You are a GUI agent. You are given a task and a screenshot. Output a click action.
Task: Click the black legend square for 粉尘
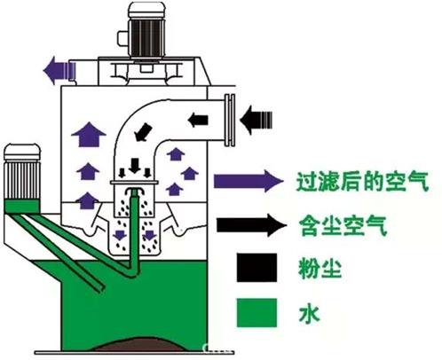click(x=257, y=267)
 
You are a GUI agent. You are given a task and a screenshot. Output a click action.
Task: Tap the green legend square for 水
click(x=257, y=312)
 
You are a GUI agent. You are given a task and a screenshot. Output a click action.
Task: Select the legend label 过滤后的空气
click(x=362, y=181)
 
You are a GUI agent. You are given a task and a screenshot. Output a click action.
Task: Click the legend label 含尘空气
click(x=343, y=225)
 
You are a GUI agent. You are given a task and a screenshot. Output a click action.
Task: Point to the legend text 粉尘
click(x=320, y=268)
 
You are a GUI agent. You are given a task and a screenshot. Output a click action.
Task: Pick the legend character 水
click(x=310, y=313)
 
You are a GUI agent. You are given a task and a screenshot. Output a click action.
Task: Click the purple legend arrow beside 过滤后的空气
click(x=249, y=181)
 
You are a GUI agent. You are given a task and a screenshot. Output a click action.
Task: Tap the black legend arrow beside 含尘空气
click(x=251, y=225)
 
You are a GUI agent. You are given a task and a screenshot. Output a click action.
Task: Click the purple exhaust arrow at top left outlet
click(x=59, y=70)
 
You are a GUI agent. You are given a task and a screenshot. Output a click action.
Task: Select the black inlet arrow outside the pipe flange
click(x=256, y=121)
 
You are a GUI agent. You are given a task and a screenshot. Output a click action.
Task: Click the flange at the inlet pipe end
click(x=230, y=121)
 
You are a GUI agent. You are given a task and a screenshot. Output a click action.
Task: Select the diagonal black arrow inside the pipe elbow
click(x=144, y=132)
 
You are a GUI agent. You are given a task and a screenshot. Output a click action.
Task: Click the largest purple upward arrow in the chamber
click(x=89, y=134)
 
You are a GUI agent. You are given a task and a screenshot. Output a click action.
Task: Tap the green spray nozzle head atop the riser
click(x=135, y=192)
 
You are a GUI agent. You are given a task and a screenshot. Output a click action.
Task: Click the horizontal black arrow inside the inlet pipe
click(x=198, y=120)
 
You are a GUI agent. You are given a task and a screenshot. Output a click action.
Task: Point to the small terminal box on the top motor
click(x=122, y=38)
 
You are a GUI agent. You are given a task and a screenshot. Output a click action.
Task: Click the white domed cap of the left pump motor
click(x=22, y=153)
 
